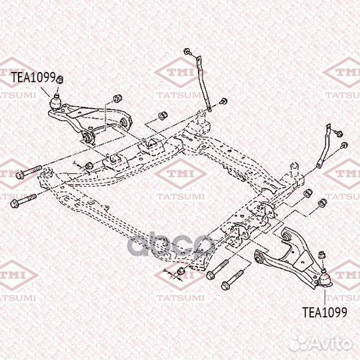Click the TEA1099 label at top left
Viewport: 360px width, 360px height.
(33, 77)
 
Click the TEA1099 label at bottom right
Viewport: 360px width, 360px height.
(325, 312)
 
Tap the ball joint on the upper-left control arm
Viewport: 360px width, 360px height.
(56, 102)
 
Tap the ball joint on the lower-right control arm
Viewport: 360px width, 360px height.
(325, 279)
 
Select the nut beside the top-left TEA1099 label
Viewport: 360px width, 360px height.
(60, 79)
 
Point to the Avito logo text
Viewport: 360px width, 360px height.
(321, 344)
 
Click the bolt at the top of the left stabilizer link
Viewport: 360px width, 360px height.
(188, 51)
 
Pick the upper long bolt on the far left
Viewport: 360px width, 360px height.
(29, 172)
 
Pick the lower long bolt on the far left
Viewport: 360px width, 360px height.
(23, 201)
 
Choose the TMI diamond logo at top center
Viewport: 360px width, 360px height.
(180, 72)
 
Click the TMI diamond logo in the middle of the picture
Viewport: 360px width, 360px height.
(181, 174)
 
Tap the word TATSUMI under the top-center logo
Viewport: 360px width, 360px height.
(181, 95)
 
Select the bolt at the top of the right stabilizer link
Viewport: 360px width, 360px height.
(339, 133)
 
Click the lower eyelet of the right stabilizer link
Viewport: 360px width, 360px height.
(319, 165)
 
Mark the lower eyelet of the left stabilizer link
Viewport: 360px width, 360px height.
(209, 109)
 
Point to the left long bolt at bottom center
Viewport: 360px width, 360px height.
(217, 269)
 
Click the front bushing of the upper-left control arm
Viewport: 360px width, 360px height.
(89, 137)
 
